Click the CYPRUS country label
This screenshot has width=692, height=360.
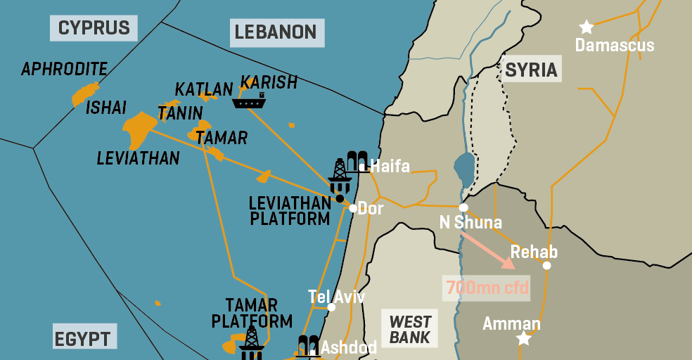(94, 28)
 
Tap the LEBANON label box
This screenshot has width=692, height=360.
(275, 32)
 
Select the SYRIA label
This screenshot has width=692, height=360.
(531, 70)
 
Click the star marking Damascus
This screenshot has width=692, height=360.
(587, 27)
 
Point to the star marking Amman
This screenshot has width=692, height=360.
(523, 339)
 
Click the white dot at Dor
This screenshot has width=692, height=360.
(352, 207)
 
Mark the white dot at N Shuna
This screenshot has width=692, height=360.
(463, 207)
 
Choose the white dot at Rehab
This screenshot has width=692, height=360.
(546, 265)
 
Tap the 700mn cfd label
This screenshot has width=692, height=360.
(486, 288)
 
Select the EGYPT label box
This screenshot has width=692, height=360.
(82, 339)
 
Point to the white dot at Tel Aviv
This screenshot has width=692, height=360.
(331, 307)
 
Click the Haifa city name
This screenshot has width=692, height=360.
(390, 167)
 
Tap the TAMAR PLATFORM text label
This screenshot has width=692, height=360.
(252, 314)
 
